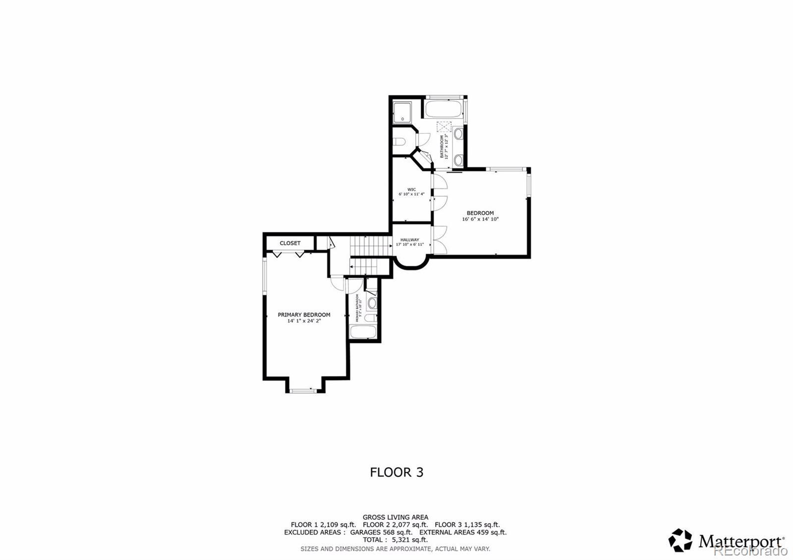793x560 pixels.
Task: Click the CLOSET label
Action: point(290,243)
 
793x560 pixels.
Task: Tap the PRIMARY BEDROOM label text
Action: point(304,315)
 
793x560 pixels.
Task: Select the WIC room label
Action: point(411,189)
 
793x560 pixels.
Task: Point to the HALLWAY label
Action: point(409,240)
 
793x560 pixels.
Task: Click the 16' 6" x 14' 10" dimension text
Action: point(480,219)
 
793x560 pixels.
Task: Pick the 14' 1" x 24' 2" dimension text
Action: point(304,321)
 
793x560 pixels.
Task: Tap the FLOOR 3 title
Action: point(396,472)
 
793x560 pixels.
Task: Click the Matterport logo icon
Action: point(680,540)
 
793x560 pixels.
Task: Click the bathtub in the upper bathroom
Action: point(444,109)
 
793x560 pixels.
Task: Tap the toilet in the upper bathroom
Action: point(399,143)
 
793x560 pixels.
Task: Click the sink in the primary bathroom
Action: point(372,302)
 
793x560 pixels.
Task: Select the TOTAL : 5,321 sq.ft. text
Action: point(395,540)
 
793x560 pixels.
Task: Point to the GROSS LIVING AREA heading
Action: point(395,517)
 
